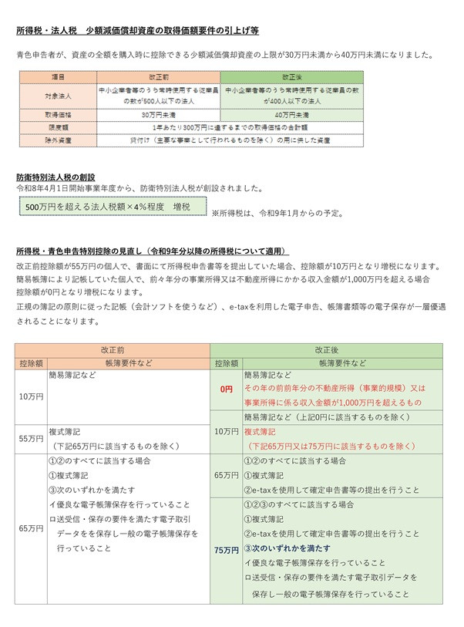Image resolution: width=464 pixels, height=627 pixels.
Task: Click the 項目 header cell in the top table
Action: click(59, 78)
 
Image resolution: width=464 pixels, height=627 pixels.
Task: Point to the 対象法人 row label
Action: click(59, 96)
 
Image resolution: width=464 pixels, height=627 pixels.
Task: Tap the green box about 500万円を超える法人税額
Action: click(113, 207)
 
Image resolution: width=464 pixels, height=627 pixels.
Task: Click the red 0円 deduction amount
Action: click(225, 389)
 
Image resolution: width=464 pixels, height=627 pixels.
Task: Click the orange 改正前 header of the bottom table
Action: click(113, 349)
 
